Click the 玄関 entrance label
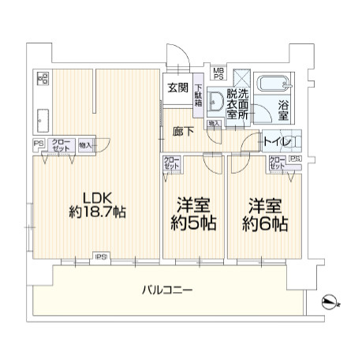pos(177,88)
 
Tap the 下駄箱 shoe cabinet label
pos(199,96)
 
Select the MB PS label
pos(218,72)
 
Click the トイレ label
pos(278,142)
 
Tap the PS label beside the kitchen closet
pos(37,143)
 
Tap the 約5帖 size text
pos(194,223)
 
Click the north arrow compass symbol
pos(330,300)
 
